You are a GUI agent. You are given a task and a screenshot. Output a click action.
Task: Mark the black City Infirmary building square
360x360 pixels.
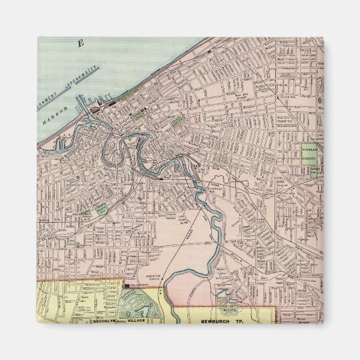(x=126, y=288)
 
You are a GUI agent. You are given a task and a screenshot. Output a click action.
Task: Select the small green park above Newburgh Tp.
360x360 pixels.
(x=225, y=295)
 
